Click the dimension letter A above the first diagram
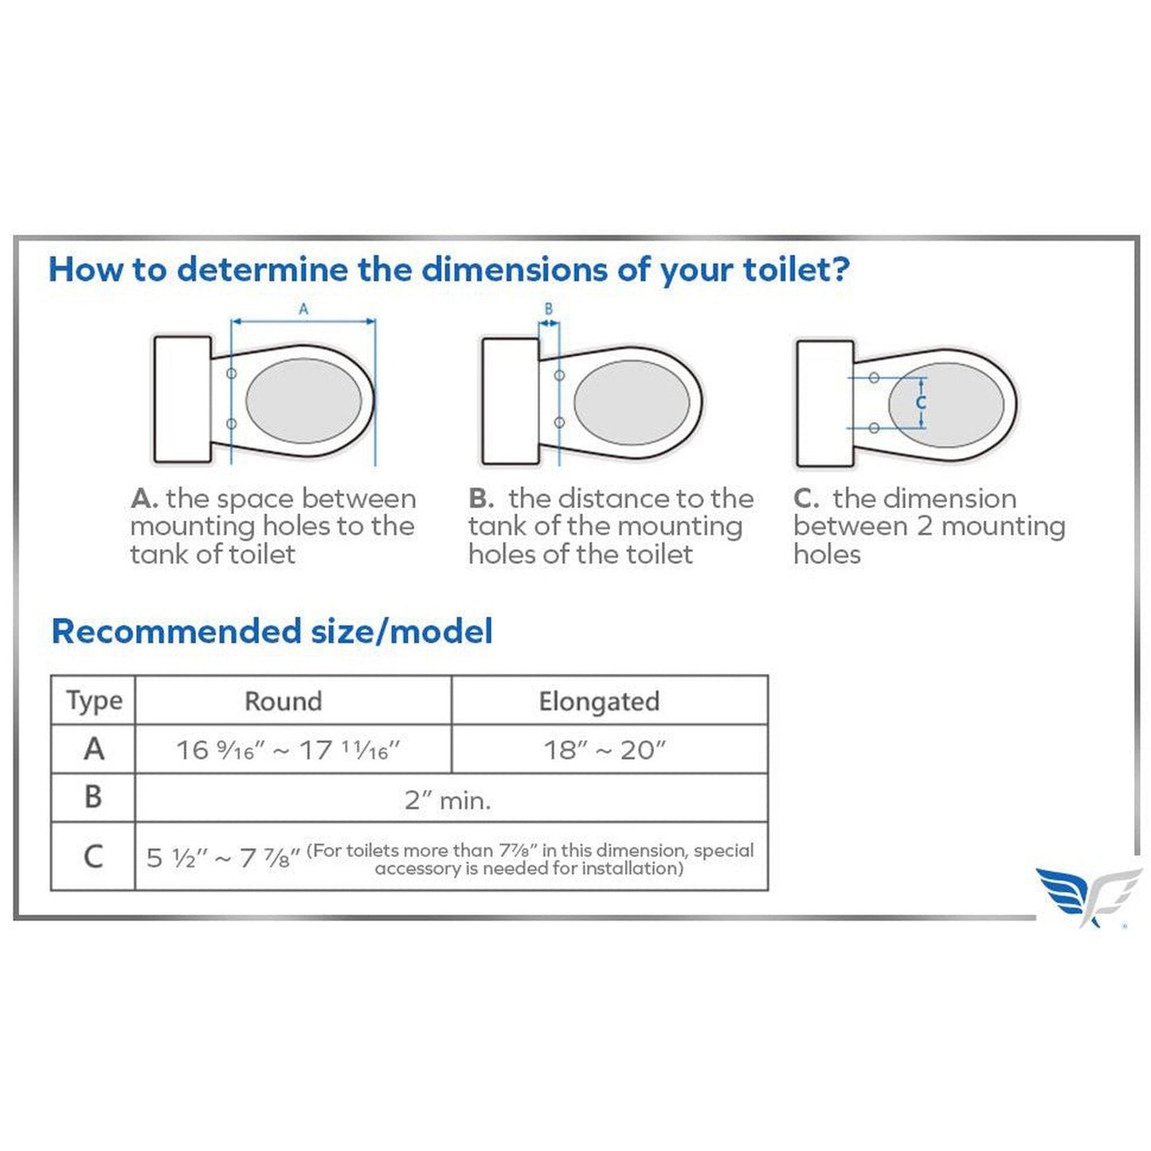303,309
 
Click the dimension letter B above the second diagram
548,309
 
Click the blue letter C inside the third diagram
921,402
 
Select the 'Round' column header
283,701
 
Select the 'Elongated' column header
599,701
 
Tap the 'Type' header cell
94,701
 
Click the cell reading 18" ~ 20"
604,750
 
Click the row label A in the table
94,749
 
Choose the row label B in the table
93,797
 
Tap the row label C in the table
93,856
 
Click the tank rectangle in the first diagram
182,399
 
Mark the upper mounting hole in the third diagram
873,378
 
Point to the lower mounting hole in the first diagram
232,424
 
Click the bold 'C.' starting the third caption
806,499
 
